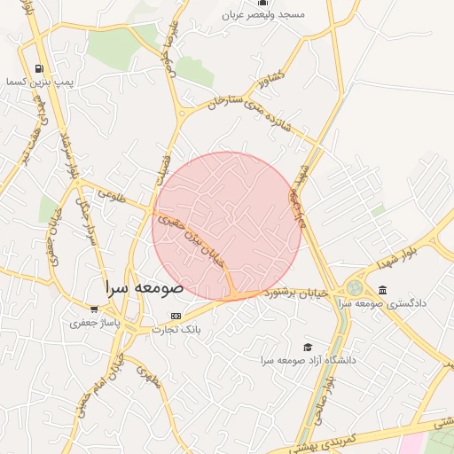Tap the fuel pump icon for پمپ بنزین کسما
tap(38, 68)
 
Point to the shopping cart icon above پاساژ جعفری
tap(94, 309)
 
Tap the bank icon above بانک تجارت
tap(176, 317)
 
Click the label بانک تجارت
tap(176, 330)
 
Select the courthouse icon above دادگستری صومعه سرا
tap(382, 290)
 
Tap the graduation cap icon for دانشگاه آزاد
tap(308, 347)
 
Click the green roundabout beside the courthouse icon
tap(355, 289)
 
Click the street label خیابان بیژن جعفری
tap(188, 234)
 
